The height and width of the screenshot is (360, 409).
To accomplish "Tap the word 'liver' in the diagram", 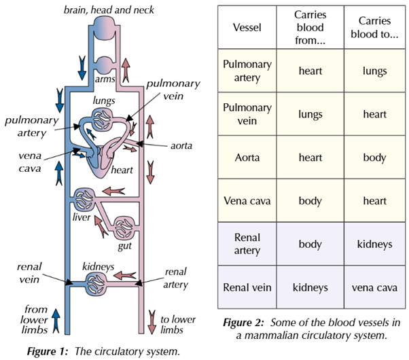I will pos(82,218).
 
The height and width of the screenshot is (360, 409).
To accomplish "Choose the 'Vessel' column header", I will pos(247,29).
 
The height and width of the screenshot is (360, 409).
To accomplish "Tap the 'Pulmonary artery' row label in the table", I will pos(247,71).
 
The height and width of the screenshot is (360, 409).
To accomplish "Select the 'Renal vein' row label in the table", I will pos(247,288).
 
